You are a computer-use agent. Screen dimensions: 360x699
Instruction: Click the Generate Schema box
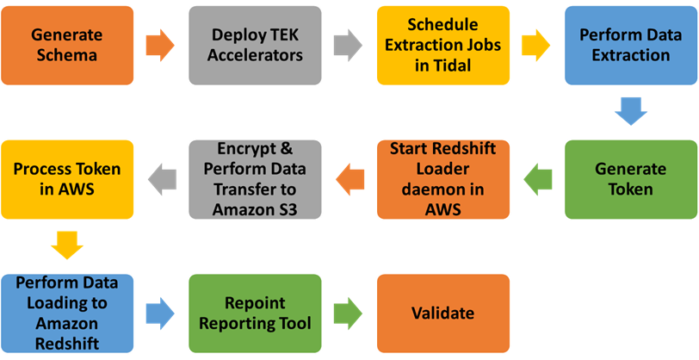point(67,45)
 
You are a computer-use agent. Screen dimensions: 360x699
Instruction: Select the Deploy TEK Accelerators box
point(256,45)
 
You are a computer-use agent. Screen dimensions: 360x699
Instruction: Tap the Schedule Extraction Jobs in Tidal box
point(442,45)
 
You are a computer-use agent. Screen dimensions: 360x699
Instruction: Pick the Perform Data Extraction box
point(631,45)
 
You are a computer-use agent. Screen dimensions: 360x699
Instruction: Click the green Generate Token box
point(631,179)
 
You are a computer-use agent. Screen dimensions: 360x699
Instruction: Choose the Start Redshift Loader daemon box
point(442,179)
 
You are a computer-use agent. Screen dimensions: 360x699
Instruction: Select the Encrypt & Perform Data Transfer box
point(256,179)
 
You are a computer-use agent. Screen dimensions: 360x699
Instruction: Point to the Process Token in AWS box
point(67,179)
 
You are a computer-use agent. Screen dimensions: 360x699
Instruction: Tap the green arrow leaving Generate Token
point(537,179)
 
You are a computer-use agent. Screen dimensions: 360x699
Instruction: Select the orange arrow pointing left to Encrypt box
point(349,179)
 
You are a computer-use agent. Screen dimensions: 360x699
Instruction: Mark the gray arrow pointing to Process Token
point(161,179)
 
